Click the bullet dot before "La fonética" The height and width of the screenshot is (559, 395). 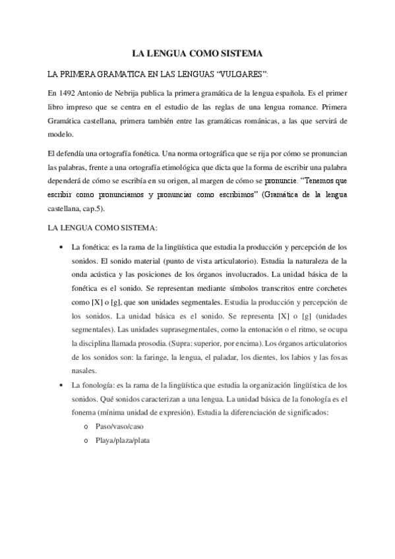pyautogui.click(x=61, y=247)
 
